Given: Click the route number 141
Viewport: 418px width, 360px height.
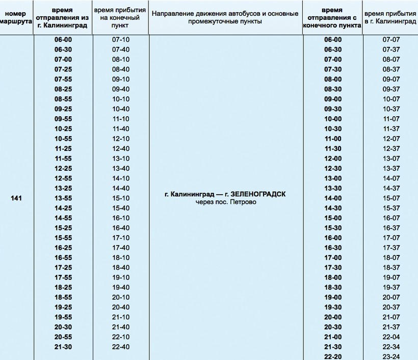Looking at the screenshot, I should [x=16, y=198].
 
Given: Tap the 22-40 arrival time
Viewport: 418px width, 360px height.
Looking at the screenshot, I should [x=121, y=347].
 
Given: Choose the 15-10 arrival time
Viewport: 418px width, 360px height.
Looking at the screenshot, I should [x=121, y=198].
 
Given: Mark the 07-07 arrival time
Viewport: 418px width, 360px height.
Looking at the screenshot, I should [x=391, y=40].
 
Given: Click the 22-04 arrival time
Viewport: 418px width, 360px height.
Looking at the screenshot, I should [x=391, y=337].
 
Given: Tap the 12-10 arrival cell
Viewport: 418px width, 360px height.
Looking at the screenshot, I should [x=121, y=139].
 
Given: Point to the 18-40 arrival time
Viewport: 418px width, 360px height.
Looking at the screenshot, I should [x=121, y=267].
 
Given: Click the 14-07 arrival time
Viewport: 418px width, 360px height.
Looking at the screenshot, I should [x=391, y=178].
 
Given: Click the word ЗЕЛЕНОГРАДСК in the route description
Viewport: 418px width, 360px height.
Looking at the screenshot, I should [x=258, y=194].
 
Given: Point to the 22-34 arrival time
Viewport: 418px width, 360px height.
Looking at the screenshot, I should [x=391, y=347].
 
